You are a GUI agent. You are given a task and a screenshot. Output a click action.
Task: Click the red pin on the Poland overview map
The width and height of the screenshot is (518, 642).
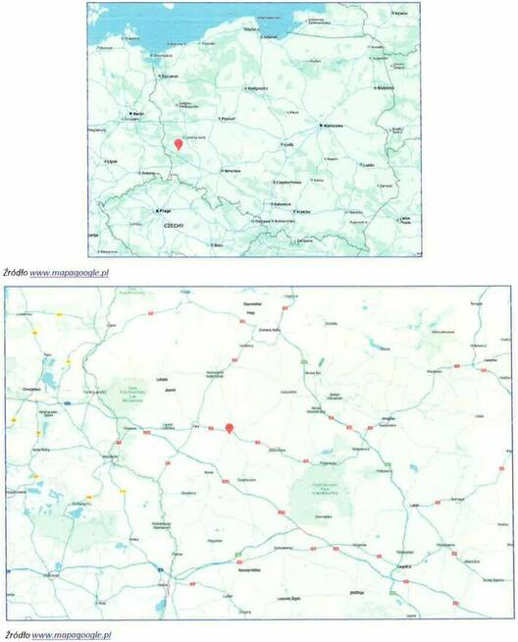pos(178,145)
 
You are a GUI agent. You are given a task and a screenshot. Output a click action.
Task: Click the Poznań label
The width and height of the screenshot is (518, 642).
pos(230,118)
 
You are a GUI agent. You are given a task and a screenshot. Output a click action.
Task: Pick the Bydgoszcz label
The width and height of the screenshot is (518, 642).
pos(259,87)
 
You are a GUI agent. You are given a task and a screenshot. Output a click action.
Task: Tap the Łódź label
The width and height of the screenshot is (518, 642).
pos(288,144)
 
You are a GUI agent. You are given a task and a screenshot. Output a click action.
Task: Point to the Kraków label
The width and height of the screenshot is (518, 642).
pos(303,211)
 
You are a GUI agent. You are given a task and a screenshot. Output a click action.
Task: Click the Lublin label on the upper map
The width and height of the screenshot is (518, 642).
pos(369,165)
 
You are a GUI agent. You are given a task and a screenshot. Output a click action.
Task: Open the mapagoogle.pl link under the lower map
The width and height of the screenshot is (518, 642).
pos(71,635)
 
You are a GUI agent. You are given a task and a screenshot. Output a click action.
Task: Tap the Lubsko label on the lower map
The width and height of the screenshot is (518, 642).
pos(162,378)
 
